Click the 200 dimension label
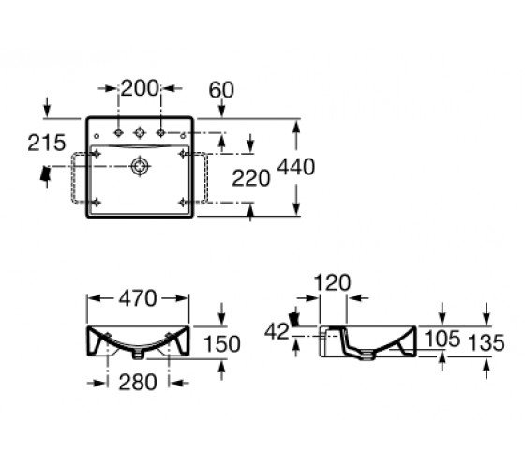click(x=140, y=88)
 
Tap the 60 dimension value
click(x=221, y=90)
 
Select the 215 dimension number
click(x=47, y=143)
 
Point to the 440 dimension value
click(x=296, y=167)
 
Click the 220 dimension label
click(x=251, y=178)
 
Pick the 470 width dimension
click(x=138, y=298)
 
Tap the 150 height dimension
click(x=222, y=343)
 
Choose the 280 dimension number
click(x=138, y=383)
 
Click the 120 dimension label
click(x=332, y=282)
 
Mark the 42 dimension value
click(x=277, y=332)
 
